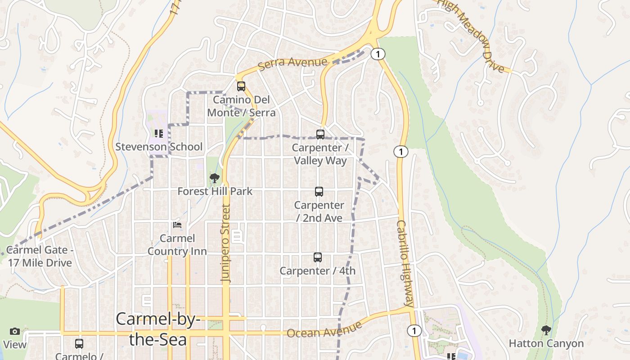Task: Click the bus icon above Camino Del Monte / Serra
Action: tap(241, 86)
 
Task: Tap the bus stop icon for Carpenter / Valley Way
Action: tap(320, 134)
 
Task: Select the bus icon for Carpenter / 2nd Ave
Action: tap(319, 192)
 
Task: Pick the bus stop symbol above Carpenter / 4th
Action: tap(318, 257)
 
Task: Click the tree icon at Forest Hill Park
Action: tap(215, 178)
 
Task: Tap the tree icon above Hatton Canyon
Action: tap(546, 330)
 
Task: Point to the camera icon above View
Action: tap(15, 332)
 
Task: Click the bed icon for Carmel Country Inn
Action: tap(177, 225)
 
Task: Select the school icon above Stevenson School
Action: tap(158, 134)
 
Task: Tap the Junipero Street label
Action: tap(226, 243)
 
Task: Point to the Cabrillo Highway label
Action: tap(405, 263)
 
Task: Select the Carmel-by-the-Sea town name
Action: tap(158, 329)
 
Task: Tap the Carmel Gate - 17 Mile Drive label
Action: tap(40, 256)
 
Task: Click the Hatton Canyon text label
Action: tap(546, 344)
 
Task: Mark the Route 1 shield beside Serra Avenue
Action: tap(378, 54)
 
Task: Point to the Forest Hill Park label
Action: tap(215, 191)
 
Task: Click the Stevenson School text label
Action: tap(159, 147)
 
